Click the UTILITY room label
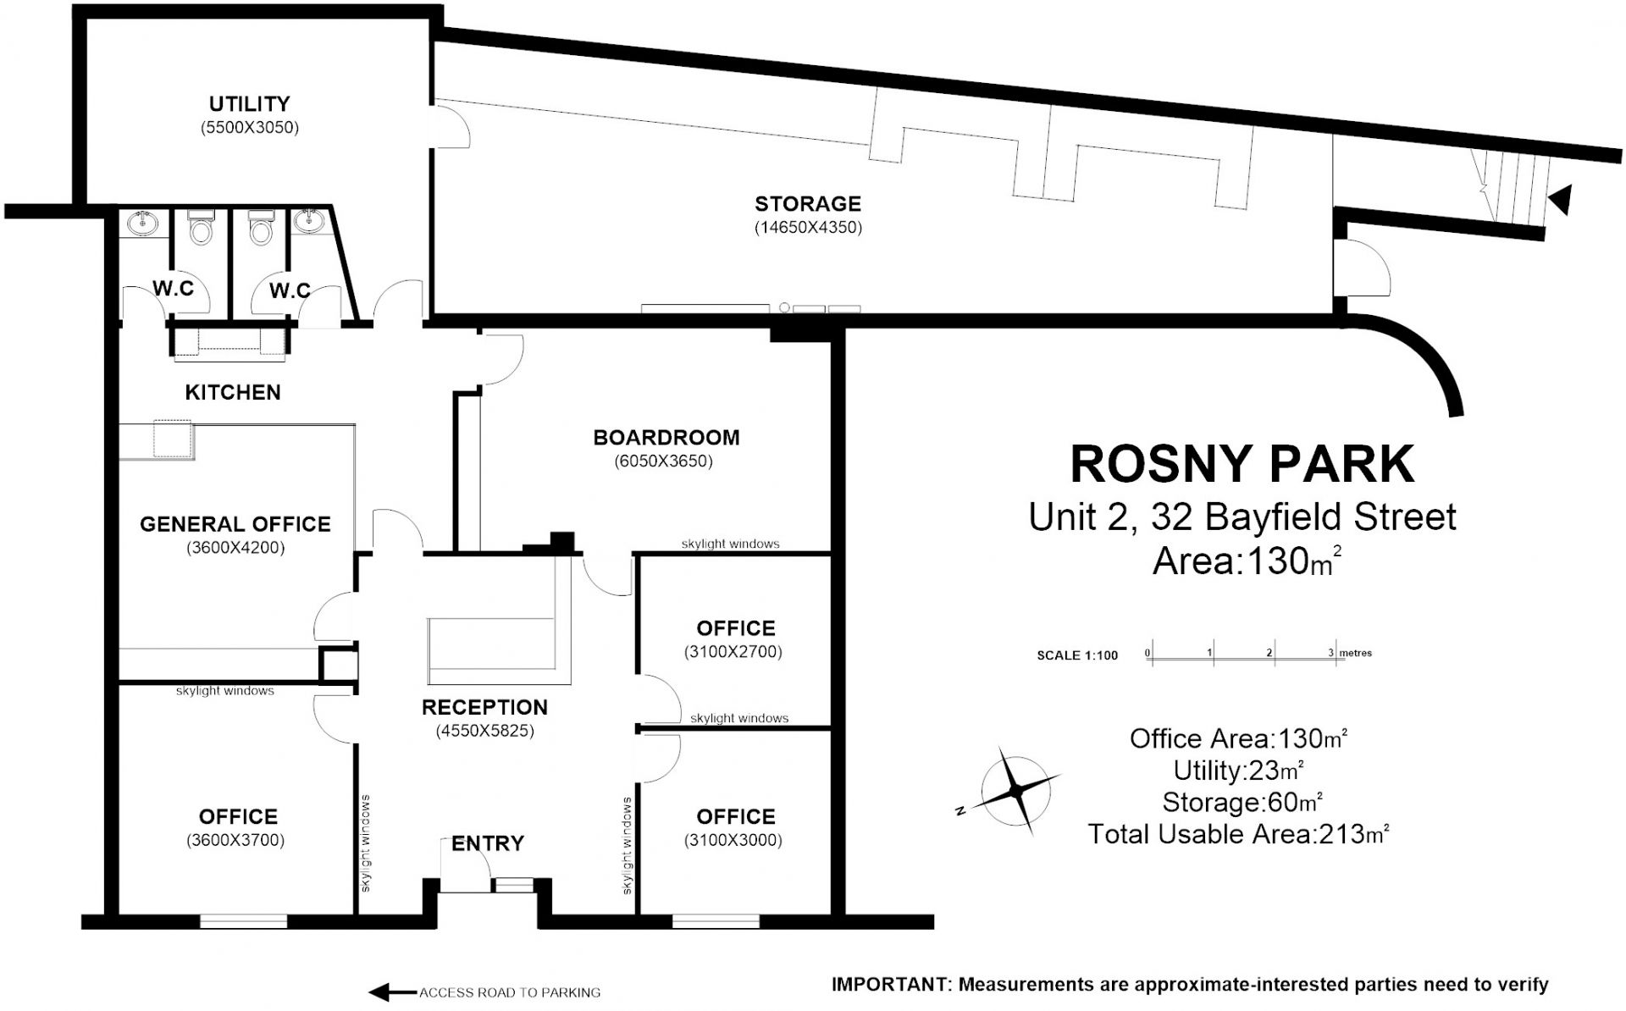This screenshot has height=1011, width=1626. click(x=249, y=104)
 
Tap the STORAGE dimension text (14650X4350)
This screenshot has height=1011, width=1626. click(x=808, y=228)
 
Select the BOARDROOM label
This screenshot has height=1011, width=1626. click(x=666, y=438)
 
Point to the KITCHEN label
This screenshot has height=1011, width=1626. click(x=233, y=392)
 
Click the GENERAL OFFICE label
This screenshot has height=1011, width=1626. click(x=235, y=524)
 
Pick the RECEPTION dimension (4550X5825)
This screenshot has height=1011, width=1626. click(x=485, y=731)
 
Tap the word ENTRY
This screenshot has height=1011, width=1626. click(x=488, y=843)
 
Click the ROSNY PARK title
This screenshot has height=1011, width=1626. click(x=1242, y=464)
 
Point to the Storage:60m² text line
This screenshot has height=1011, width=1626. click(x=1242, y=802)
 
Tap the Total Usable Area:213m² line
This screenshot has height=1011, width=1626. click(x=1238, y=834)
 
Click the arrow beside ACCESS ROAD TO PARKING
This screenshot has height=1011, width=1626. click(x=392, y=992)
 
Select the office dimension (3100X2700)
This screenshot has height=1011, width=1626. click(x=733, y=653)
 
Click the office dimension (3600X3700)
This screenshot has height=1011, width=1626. click(x=235, y=841)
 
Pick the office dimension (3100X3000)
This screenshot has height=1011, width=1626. click(x=733, y=841)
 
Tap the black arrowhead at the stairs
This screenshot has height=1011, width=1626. click(x=1561, y=200)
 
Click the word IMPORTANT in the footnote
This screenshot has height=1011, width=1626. click(x=890, y=985)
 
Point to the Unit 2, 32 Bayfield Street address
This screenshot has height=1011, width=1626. click(x=1242, y=517)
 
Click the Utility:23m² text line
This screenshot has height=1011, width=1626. click(x=1238, y=771)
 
